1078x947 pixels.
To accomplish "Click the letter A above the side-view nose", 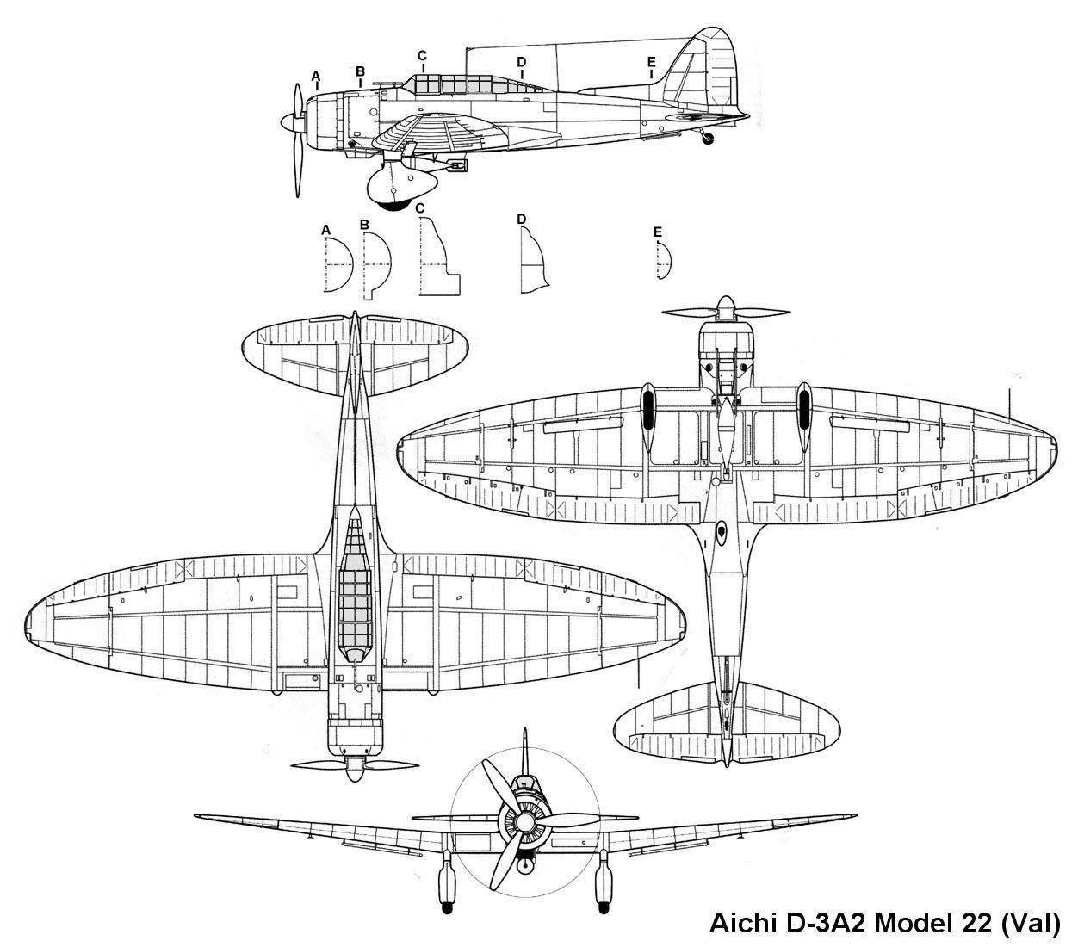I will click(316, 76).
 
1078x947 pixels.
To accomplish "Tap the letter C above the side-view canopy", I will click(422, 56).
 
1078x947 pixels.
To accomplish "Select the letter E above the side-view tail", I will click(651, 61).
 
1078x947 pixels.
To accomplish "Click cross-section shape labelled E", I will click(663, 259).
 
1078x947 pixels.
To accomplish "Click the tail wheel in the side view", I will click(709, 138).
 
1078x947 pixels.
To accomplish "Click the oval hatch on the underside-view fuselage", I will click(721, 530).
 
